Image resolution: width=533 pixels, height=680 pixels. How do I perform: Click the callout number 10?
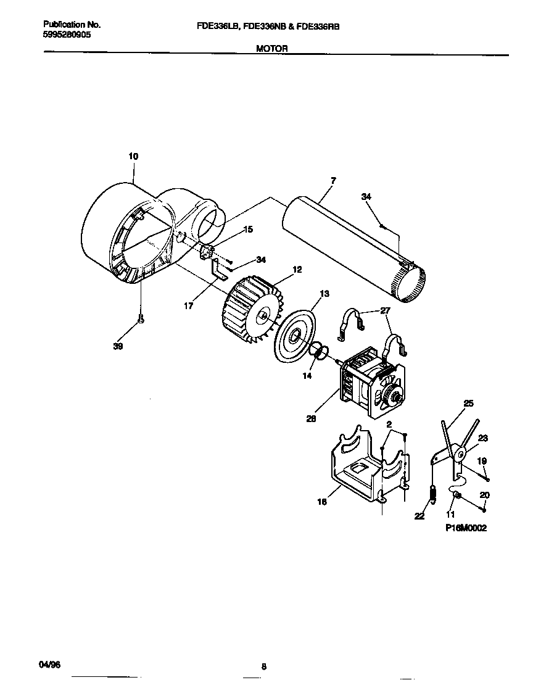coord(133,157)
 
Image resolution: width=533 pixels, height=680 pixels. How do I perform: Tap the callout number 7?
coord(333,180)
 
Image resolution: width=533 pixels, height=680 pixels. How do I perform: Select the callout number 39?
coord(118,347)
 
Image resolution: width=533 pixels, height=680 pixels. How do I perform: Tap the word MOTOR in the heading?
coord(272,48)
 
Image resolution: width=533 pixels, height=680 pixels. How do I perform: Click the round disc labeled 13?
coord(294,336)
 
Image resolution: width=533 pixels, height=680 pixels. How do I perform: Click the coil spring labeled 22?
coord(432,494)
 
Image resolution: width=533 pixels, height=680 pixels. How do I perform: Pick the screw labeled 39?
coord(141,320)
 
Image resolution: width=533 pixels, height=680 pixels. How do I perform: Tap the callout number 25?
coord(468,403)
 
